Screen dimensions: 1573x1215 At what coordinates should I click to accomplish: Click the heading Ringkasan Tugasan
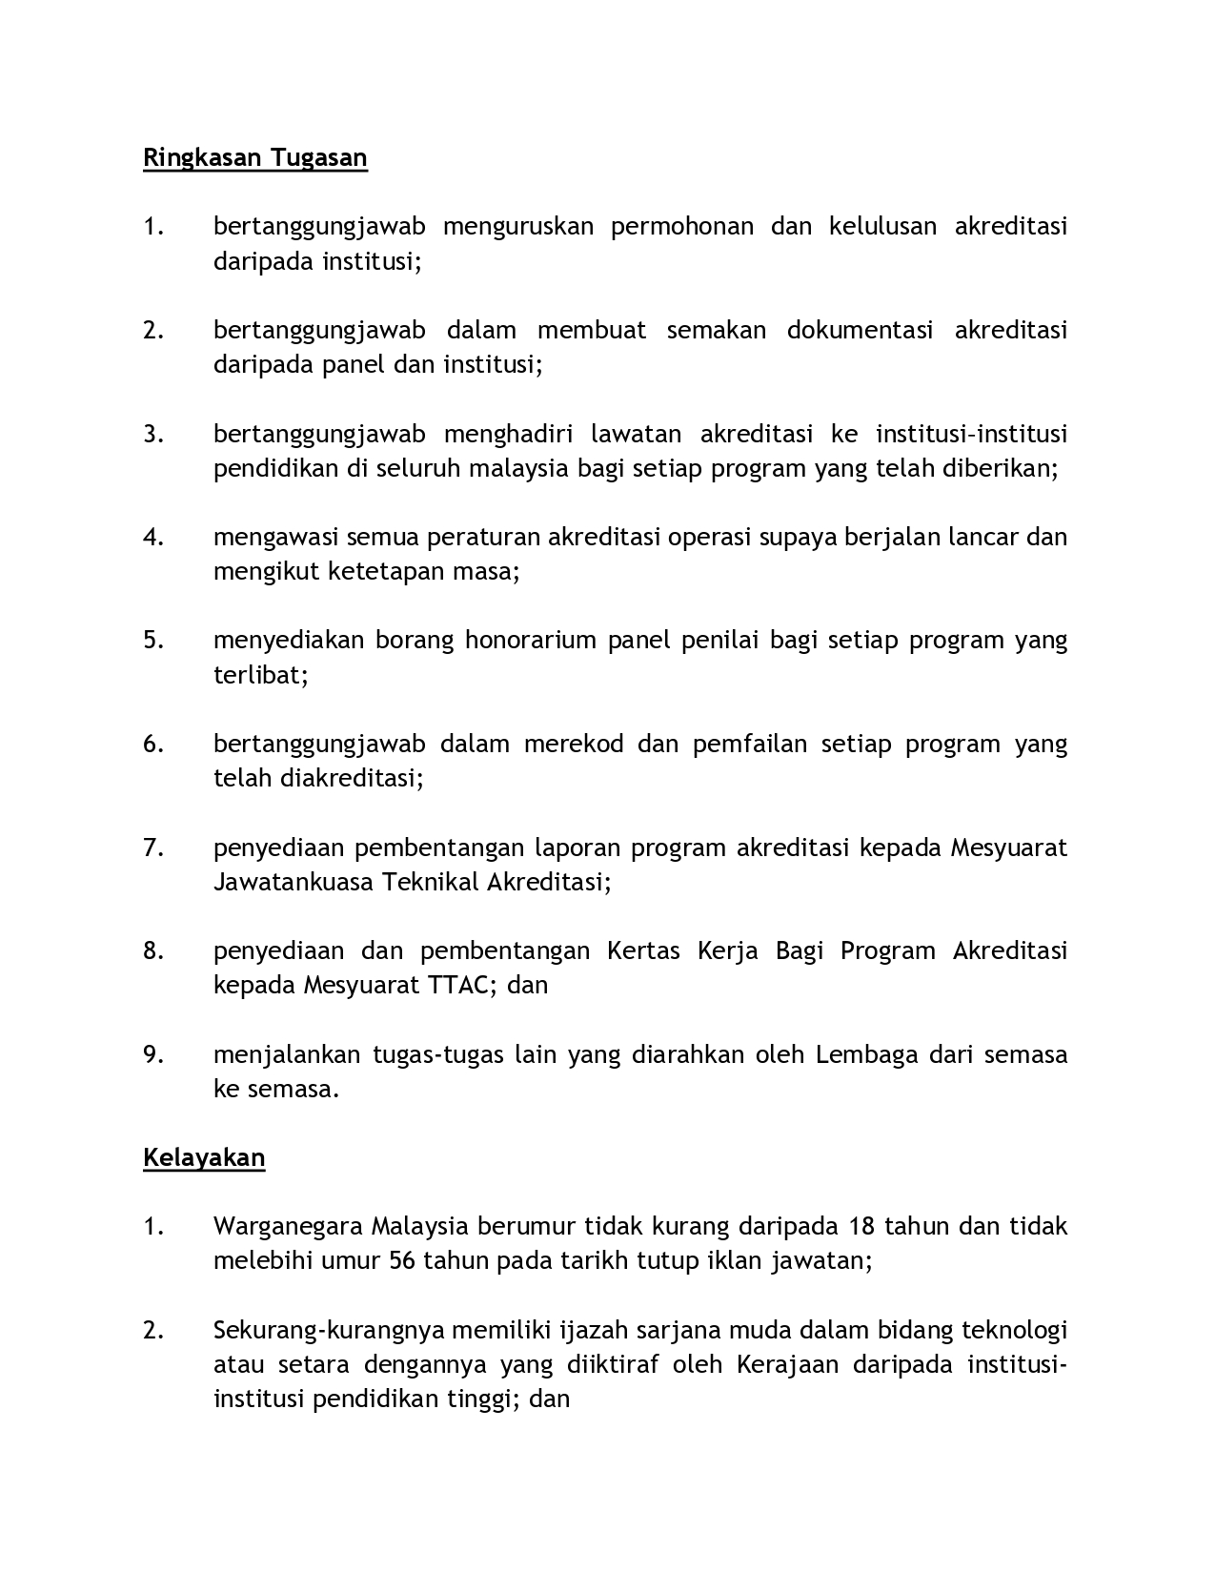[x=254, y=157]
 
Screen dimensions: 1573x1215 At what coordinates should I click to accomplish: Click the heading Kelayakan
[x=204, y=1157]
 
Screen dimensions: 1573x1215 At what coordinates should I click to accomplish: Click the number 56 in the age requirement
[x=402, y=1260]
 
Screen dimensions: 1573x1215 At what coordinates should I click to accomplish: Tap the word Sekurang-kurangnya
[x=328, y=1330]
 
